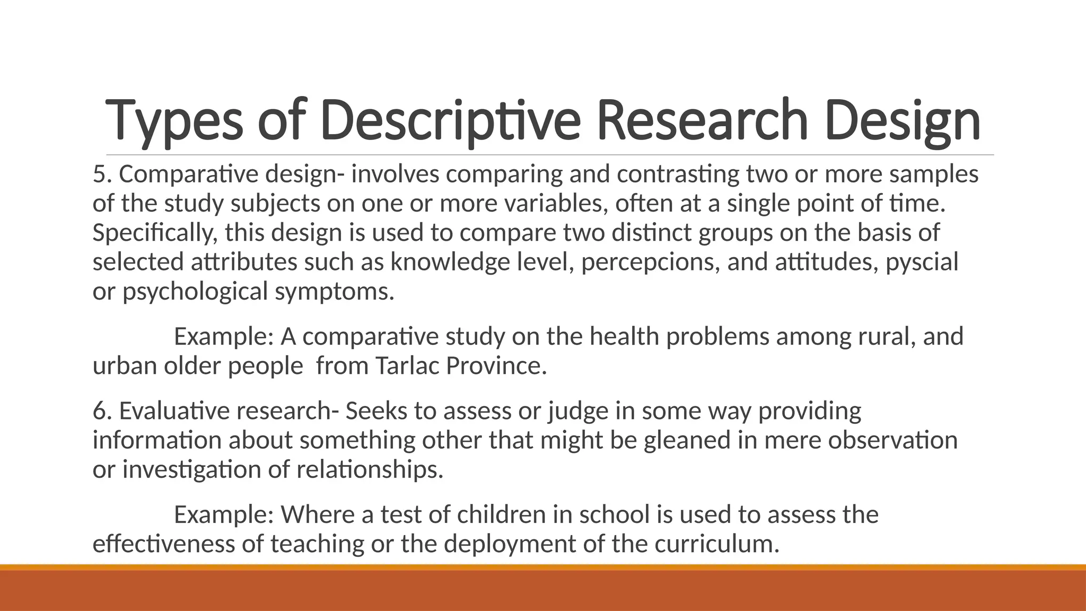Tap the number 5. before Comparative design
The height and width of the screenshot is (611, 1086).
(102, 174)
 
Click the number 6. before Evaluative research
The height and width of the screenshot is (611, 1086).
(102, 411)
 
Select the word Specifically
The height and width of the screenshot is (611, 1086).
(155, 233)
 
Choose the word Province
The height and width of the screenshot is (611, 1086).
(496, 366)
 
